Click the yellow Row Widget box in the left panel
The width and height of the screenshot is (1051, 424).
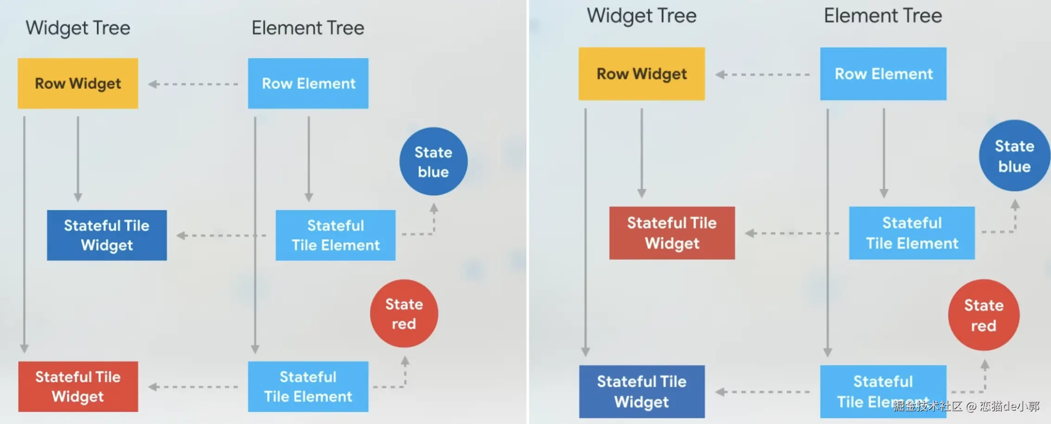point(78,84)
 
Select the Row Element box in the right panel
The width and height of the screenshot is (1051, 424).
point(883,74)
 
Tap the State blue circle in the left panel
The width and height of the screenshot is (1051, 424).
point(433,161)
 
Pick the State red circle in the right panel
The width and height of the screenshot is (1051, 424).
point(983,315)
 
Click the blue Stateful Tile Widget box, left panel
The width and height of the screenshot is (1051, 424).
point(107,235)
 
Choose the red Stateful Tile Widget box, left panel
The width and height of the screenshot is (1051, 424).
point(78,386)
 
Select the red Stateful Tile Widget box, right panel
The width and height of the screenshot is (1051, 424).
point(672,233)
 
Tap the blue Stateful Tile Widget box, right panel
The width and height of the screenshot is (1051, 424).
point(641,392)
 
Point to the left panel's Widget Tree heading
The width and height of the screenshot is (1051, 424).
point(78,28)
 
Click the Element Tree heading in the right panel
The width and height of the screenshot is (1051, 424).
point(883,16)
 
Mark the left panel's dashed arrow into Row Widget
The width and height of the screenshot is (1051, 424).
point(193,84)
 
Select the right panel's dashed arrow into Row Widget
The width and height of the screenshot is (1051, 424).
point(763,74)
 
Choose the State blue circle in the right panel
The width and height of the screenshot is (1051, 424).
point(1014,156)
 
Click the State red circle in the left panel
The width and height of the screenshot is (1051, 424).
point(404,314)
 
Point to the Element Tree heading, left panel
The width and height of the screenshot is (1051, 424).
point(308,28)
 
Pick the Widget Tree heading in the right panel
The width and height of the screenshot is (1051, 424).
point(641,16)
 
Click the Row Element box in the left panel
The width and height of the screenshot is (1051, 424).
point(308,84)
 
